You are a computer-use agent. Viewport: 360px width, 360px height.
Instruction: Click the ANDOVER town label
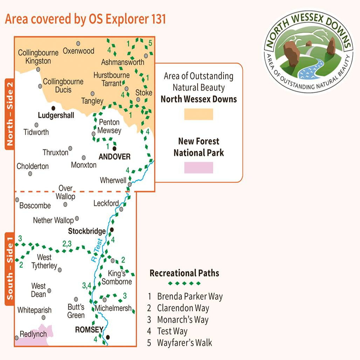(114, 157)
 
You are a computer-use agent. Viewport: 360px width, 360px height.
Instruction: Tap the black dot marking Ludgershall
(54, 108)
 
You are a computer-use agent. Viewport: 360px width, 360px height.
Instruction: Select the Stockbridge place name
(87, 231)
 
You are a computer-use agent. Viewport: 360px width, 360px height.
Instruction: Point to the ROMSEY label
(89, 330)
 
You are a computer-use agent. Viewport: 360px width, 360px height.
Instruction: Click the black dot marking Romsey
(108, 337)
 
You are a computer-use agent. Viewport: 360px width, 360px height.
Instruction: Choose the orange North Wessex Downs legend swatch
(199, 114)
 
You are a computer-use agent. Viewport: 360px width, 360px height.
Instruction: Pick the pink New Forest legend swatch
(199, 167)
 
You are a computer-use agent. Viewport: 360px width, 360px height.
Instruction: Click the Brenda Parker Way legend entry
(189, 297)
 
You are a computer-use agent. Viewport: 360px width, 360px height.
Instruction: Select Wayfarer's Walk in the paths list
(184, 342)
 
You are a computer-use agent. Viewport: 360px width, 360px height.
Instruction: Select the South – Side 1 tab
(9, 268)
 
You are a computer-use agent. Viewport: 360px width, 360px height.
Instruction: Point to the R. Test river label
(97, 249)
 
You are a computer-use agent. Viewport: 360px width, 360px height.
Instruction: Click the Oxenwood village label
(78, 51)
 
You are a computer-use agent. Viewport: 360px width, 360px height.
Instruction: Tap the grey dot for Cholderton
(30, 173)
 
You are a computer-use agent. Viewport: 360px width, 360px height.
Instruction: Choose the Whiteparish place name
(34, 310)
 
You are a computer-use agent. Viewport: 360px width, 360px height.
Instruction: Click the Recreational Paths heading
(184, 273)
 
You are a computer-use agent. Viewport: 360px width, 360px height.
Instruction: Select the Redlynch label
(33, 334)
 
